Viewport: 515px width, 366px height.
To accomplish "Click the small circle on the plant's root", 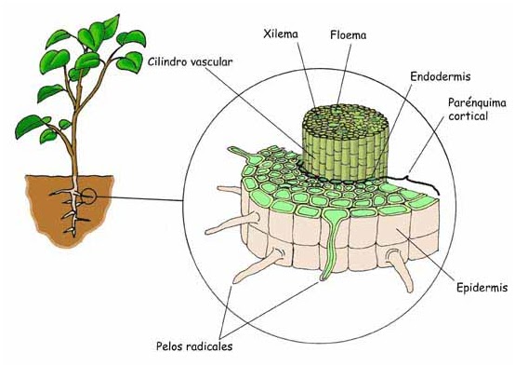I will [x=86, y=196].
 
